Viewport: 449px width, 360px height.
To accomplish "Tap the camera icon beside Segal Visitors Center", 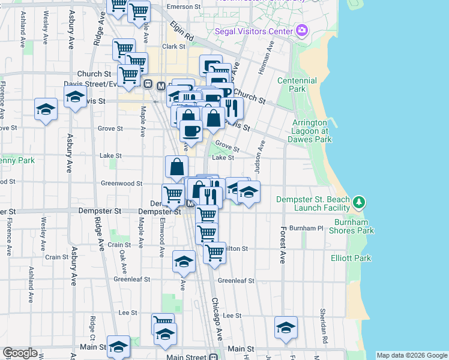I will click(x=301, y=30).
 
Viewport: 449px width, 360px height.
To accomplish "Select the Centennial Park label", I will click(x=297, y=85).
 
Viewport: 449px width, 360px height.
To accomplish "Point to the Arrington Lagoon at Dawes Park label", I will click(x=312, y=131).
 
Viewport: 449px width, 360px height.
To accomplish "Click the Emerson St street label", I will click(x=183, y=7).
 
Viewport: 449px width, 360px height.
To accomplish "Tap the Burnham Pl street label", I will click(x=306, y=229).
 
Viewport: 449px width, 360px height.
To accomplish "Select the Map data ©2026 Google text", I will click(x=412, y=355).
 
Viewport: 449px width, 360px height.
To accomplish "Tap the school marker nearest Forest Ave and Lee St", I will click(x=286, y=326).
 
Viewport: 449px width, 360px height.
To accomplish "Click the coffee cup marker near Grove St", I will click(x=191, y=130).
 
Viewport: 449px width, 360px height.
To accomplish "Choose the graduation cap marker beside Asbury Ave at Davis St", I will click(x=75, y=96).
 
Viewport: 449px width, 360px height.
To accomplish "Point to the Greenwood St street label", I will click(x=122, y=184).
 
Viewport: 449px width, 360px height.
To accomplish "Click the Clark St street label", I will click(x=173, y=46).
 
